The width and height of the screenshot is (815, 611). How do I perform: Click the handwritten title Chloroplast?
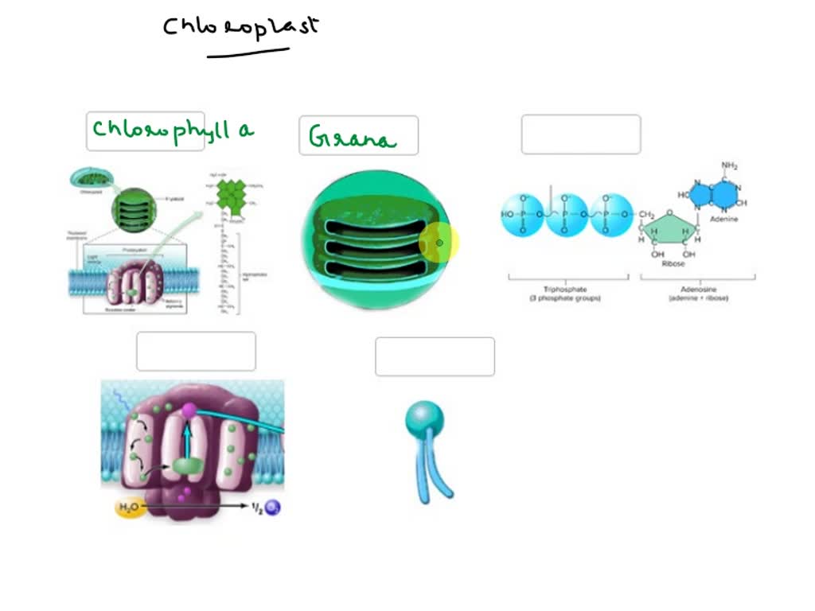pyautogui.click(x=240, y=26)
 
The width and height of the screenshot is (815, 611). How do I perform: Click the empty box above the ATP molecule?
pyautogui.click(x=581, y=134)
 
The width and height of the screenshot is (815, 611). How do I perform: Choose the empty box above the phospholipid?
pyautogui.click(x=435, y=356)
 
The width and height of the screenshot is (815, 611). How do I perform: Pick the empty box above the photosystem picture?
pyautogui.click(x=196, y=352)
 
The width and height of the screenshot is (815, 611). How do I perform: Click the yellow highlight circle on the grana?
pyautogui.click(x=439, y=243)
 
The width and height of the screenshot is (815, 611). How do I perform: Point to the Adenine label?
pyautogui.click(x=725, y=218)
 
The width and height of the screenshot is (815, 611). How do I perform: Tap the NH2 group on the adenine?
pyautogui.click(x=729, y=165)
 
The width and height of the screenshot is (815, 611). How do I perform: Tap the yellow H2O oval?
pyautogui.click(x=130, y=507)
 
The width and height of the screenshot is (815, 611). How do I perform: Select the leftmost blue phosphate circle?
pyautogui.click(x=523, y=214)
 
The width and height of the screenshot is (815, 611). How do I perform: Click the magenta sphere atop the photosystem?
pyautogui.click(x=189, y=411)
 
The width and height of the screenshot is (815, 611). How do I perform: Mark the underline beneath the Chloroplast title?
pyautogui.click(x=248, y=54)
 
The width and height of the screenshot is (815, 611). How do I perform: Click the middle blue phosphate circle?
pyautogui.click(x=567, y=214)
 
